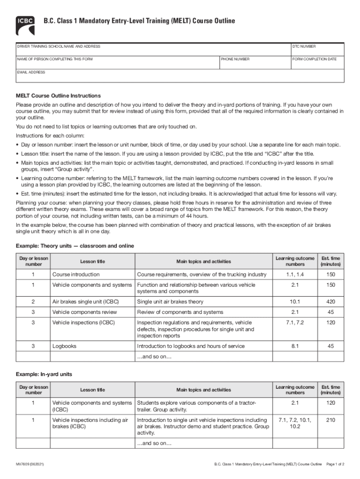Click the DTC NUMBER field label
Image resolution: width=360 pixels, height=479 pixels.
pyautogui.click(x=304, y=47)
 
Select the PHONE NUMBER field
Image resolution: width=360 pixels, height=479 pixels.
pyautogui.click(x=254, y=63)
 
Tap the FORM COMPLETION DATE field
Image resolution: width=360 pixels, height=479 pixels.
pyautogui.click(x=317, y=63)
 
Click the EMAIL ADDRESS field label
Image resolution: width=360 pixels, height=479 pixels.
pyautogui.click(x=31, y=73)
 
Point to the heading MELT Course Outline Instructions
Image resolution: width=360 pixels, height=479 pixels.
pyautogui.click(x=58, y=96)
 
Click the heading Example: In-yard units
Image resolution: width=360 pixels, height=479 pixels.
pyautogui.click(x=44, y=375)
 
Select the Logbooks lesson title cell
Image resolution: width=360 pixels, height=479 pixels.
pyautogui.click(x=64, y=347)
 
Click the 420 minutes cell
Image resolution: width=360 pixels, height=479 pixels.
pyautogui.click(x=331, y=302)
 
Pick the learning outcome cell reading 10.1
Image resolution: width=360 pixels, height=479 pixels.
pyautogui.click(x=295, y=302)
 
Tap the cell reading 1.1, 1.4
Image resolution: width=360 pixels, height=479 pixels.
pyautogui.click(x=295, y=275)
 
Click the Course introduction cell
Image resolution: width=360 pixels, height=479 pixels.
pyautogui.click(x=76, y=275)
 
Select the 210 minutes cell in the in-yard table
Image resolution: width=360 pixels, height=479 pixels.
pyautogui.click(x=331, y=420)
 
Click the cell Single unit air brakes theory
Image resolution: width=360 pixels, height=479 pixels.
pyautogui.click(x=170, y=302)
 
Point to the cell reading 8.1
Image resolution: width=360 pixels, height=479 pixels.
pyautogui.click(x=295, y=347)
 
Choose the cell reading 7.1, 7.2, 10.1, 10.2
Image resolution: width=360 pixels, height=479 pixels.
pyautogui.click(x=295, y=423)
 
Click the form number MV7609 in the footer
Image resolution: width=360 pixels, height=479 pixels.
pyautogui.click(x=30, y=464)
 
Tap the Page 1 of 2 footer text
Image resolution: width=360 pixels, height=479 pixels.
pyautogui.click(x=335, y=464)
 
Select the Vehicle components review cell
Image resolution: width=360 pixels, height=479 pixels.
pyautogui.click(x=85, y=312)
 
